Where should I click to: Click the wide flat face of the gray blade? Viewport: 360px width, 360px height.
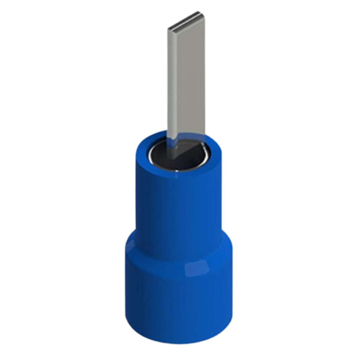point(190,81)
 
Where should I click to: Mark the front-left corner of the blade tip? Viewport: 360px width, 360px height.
point(169,29)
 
